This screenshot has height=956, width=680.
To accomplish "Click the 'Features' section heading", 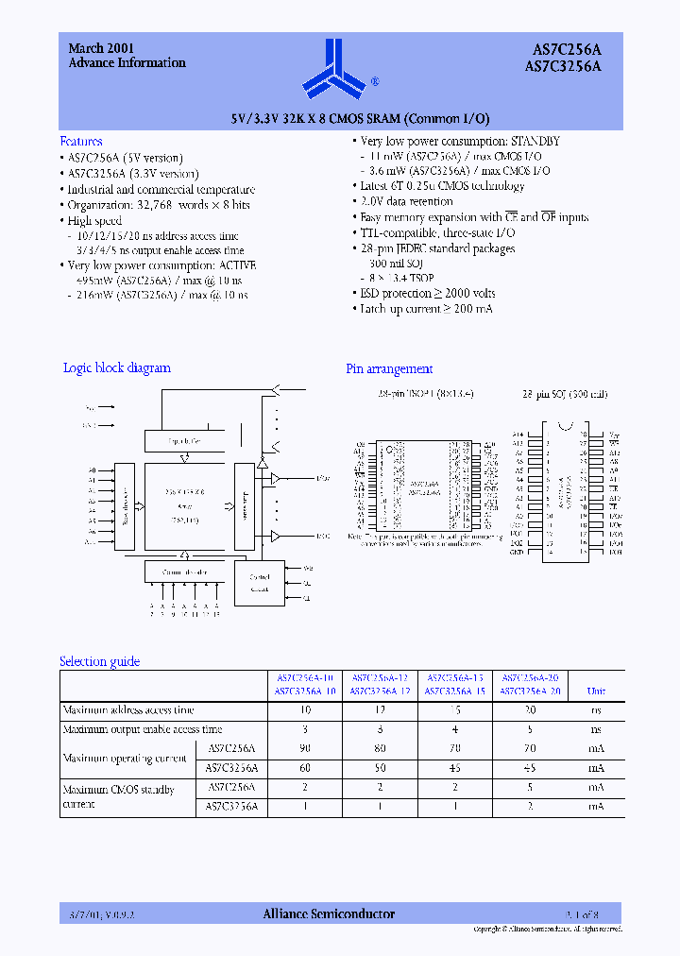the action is tap(81, 140).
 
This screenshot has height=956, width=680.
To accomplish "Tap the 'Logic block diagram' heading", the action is tap(116, 367).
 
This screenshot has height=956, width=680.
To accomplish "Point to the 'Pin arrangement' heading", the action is tap(389, 368).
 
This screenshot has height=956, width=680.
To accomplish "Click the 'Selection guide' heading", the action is tap(99, 661).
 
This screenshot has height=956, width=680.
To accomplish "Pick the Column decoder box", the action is tap(185, 572).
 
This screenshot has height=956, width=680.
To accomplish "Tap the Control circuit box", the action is tap(260, 583).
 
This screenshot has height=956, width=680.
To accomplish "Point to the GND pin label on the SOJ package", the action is tap(517, 552).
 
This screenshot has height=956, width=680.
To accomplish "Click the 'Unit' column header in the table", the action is tap(597, 691).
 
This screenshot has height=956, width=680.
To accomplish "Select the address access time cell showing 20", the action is tap(530, 709).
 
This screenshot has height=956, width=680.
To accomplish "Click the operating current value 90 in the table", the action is tap(305, 748).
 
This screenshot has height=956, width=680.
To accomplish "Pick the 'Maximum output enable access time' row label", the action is tap(143, 728).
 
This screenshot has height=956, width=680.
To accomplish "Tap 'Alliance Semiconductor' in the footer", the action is tap(328, 913).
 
